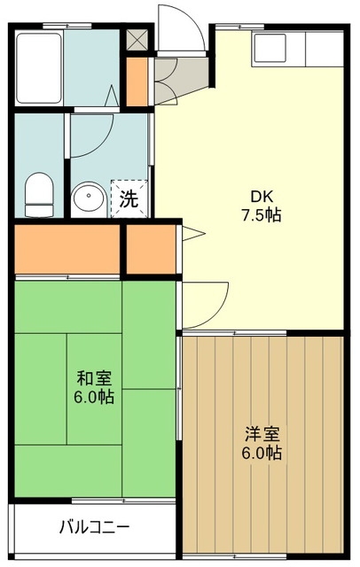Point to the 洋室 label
pyautogui.click(x=263, y=434)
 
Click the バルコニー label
pyautogui.click(x=95, y=527)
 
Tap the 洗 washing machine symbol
pyautogui.click(x=129, y=198)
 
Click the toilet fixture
pyautogui.click(x=38, y=195)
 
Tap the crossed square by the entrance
pyautogui.click(x=137, y=40)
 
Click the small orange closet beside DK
pyautogui.click(x=151, y=250)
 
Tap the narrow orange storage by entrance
pyautogui.click(x=137, y=80)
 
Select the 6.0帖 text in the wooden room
pyautogui.click(x=263, y=453)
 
